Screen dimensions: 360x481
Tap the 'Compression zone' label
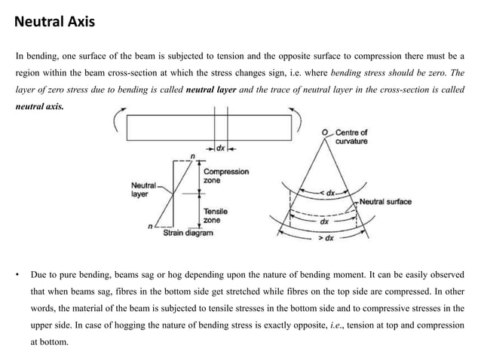tap(226, 176)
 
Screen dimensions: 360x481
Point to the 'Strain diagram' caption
tap(188, 233)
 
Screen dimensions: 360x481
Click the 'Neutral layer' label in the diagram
tap(144, 188)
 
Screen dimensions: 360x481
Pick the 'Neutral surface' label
tap(385, 202)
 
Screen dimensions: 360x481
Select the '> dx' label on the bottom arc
tap(326, 238)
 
